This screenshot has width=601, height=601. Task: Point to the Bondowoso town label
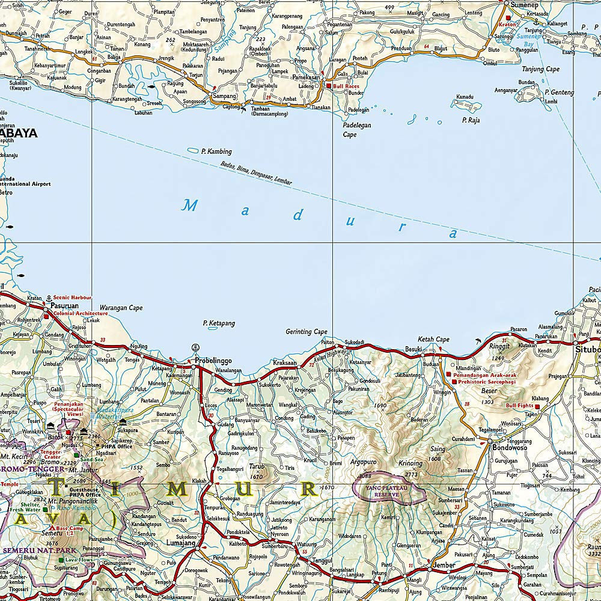(509, 448)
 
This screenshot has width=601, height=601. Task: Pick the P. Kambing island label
(217, 151)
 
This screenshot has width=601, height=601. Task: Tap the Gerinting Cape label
(307, 332)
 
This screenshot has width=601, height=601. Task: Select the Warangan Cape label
(121, 308)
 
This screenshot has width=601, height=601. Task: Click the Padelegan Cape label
(358, 130)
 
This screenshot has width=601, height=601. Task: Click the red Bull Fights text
(520, 406)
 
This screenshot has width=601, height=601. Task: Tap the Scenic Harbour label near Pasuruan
(72, 297)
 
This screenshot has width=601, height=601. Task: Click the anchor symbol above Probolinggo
(195, 347)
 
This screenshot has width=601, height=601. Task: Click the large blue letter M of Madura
(190, 206)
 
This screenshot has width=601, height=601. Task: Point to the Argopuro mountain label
(364, 463)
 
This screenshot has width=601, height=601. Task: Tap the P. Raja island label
(471, 120)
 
